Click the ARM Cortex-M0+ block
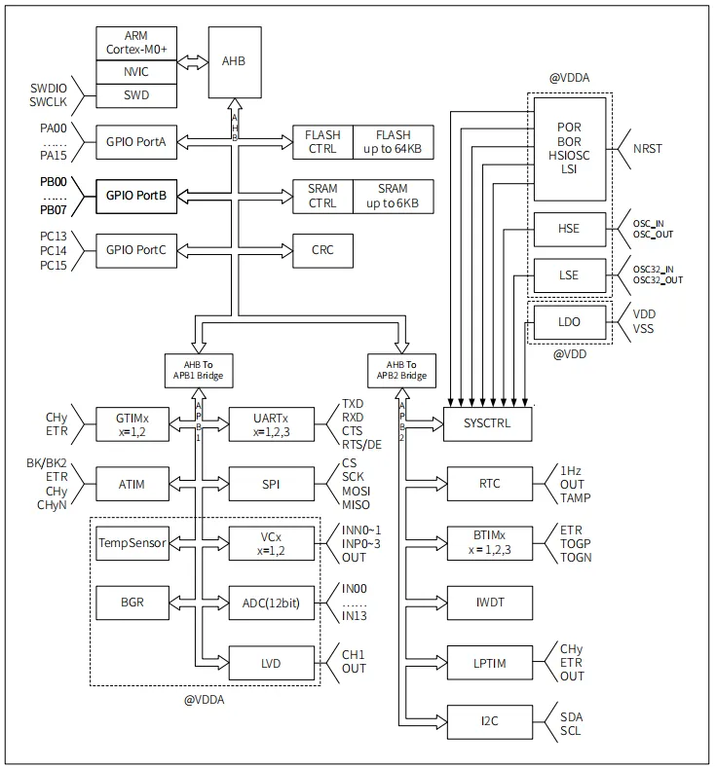[136, 43]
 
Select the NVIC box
[136, 71]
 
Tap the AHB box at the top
[234, 61]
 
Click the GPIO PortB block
[136, 196]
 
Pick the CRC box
[322, 250]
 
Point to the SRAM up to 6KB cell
[393, 196]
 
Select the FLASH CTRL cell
[322, 142]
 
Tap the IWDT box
[490, 603]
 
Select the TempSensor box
[132, 542]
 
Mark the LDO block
[569, 322]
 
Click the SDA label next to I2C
[571, 716]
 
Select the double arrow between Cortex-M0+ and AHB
[193, 61]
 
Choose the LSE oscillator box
[569, 275]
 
